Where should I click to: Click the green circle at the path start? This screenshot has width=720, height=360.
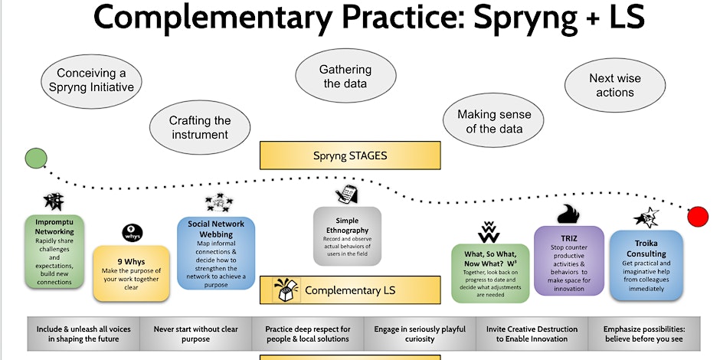(34, 159)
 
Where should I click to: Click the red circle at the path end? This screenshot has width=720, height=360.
(697, 217)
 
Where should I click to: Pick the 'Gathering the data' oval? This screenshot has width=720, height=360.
(345, 76)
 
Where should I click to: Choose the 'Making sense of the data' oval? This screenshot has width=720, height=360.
(494, 121)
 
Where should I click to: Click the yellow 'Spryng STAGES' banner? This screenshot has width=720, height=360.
(350, 155)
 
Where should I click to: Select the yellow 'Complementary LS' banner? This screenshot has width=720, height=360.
(350, 290)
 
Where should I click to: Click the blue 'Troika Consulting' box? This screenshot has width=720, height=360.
(646, 263)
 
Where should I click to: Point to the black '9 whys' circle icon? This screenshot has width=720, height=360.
(131, 232)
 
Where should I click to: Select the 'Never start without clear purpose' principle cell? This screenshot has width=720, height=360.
(196, 332)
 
